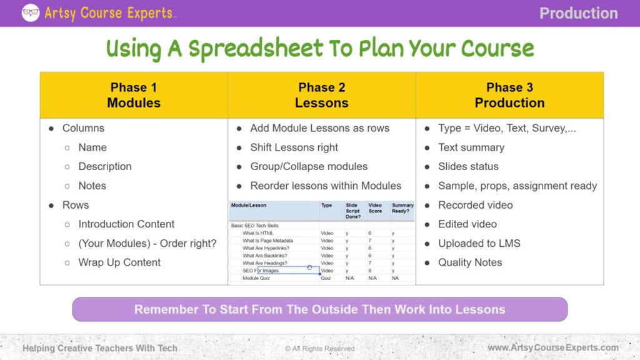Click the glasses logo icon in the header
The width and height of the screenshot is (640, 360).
[x=30, y=13]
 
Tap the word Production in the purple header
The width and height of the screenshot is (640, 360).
[x=578, y=13]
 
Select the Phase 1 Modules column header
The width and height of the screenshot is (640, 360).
[x=134, y=95]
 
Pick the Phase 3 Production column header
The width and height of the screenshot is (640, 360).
[x=509, y=95]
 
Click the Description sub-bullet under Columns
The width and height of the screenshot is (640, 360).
[x=104, y=166]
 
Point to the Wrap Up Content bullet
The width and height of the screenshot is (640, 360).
[x=119, y=262]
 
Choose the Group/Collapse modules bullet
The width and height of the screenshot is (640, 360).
[x=309, y=166]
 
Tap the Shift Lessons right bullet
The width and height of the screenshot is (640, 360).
[x=294, y=147]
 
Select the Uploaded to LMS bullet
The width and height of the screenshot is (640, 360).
[x=479, y=243]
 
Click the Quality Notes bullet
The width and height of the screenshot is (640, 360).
[x=470, y=262]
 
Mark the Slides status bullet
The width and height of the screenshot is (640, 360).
[x=468, y=166]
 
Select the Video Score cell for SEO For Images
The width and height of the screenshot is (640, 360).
[x=371, y=271]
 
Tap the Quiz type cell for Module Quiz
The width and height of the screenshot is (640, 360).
[x=326, y=278]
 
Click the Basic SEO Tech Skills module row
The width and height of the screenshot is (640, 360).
[x=255, y=226]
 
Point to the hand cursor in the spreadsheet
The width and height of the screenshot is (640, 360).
[x=310, y=268]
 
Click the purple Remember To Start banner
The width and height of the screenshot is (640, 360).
[x=319, y=309]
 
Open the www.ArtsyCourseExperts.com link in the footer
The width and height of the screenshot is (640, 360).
[x=553, y=347]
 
